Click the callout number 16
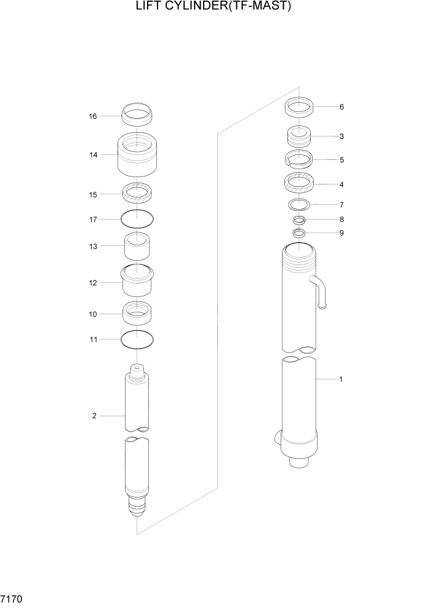[93, 116]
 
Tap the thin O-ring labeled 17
[137, 218]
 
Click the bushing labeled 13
[137, 246]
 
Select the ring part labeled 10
[137, 313]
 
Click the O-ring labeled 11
[137, 339]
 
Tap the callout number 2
[94, 416]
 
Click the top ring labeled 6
[300, 108]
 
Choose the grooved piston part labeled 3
[300, 137]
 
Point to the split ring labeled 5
[300, 159]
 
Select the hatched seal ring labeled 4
[300, 183]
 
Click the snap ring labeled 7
[300, 204]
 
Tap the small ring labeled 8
[300, 220]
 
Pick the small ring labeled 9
[300, 233]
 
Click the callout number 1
[340, 379]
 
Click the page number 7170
[12, 598]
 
